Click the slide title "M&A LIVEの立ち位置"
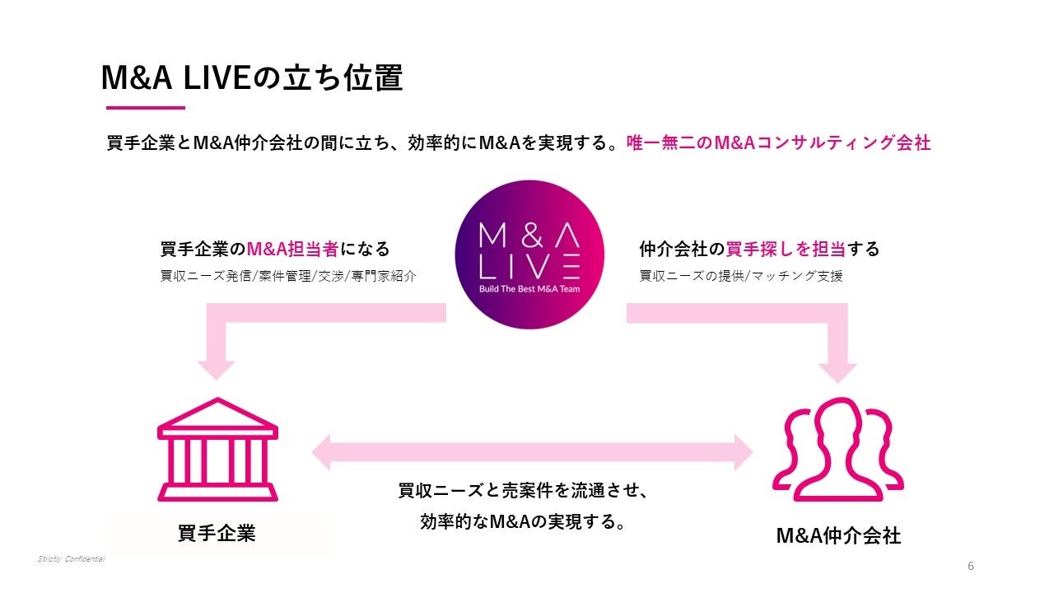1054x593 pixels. point(251,79)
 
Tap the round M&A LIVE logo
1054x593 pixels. point(529,254)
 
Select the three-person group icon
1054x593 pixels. point(837,448)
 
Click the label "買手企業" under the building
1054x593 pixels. point(217,534)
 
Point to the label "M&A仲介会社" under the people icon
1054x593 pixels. point(838,536)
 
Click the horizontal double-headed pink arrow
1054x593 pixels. point(532,452)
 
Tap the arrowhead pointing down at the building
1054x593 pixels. point(216,367)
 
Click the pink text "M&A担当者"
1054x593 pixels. point(292,249)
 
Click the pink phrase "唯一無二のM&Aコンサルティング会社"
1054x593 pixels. point(778,142)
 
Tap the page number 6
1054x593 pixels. point(971,566)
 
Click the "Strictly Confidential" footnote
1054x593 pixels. point(71,559)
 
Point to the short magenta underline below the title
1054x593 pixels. point(146,108)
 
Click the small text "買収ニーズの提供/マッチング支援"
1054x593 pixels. point(741,277)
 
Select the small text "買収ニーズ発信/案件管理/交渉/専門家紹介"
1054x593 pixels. point(288,277)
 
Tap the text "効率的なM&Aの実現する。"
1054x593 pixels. point(522,522)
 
